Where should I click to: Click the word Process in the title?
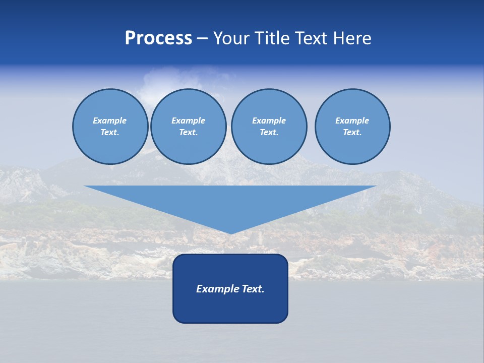tap(158, 38)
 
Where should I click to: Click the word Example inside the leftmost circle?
tap(110, 120)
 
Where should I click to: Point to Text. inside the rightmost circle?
tap(352, 133)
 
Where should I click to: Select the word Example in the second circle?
tap(188, 120)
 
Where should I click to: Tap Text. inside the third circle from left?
tap(269, 133)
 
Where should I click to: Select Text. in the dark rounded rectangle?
tap(253, 289)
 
